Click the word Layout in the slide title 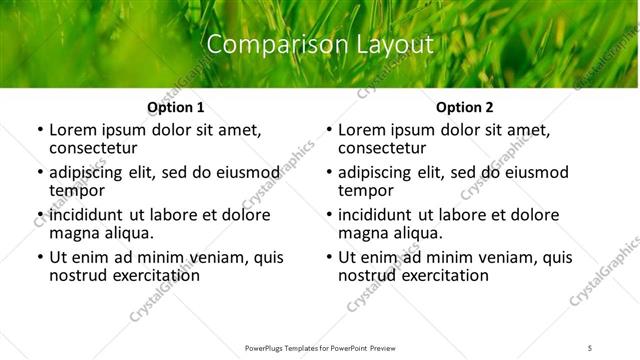coord(393,45)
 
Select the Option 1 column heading coord(176,107)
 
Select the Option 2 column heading coord(465,107)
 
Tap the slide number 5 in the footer coord(590,347)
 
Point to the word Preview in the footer coord(383,347)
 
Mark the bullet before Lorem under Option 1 coord(39,130)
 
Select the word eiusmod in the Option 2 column coord(533,172)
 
